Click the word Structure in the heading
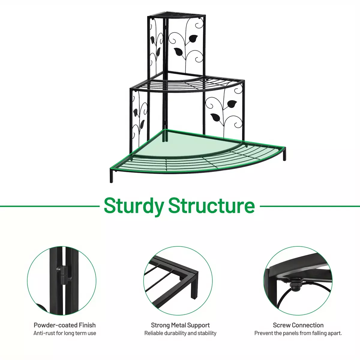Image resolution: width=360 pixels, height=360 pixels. point(212,205)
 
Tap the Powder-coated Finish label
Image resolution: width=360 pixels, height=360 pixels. point(64,325)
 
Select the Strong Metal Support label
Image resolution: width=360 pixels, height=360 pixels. point(180,325)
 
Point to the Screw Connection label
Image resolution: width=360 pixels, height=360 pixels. point(298,325)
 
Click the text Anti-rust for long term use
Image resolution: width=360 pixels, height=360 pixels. point(64,333)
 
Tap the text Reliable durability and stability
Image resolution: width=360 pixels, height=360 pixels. point(180,333)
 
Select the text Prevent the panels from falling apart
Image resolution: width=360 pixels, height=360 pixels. point(298,333)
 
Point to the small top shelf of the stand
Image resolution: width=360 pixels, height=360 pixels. point(176,16)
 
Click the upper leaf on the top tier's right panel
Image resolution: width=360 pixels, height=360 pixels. point(193,39)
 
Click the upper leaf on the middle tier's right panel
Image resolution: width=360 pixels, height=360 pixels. point(232,104)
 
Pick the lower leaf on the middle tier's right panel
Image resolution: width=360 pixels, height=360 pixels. point(216,117)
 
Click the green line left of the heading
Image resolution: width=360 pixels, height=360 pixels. point(50,206)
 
